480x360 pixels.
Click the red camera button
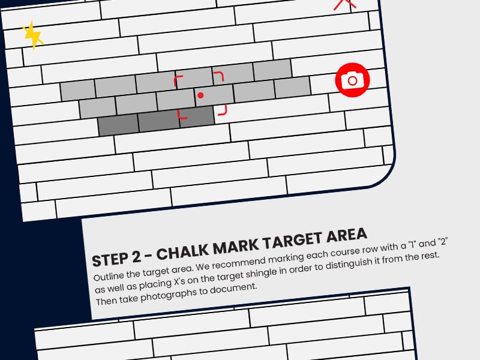pos(352,80)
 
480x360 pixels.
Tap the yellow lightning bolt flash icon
pos(32,35)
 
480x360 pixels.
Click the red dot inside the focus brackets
pos(200,95)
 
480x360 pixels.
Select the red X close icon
pos(344,4)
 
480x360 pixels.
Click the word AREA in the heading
pos(346,235)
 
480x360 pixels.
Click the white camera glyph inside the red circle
pos(352,80)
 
